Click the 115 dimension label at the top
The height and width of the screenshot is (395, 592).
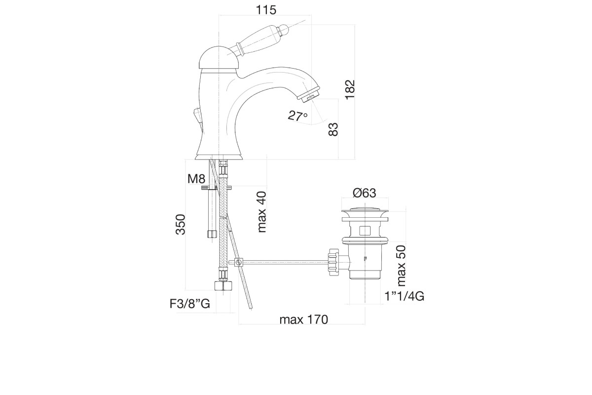coord(266,10)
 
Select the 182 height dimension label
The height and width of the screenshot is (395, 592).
coord(350,90)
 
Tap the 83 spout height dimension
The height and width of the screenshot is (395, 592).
coord(333,129)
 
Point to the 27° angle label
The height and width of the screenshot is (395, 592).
coord(297,116)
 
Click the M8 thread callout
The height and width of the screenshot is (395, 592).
coord(196,179)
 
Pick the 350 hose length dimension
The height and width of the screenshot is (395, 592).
coord(181,225)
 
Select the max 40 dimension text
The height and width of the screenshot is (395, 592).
coord(261,212)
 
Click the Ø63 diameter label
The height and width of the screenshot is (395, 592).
coord(364,193)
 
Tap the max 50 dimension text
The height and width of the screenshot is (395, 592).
coord(401,266)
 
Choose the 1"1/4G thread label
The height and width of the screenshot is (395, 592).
coord(405,296)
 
